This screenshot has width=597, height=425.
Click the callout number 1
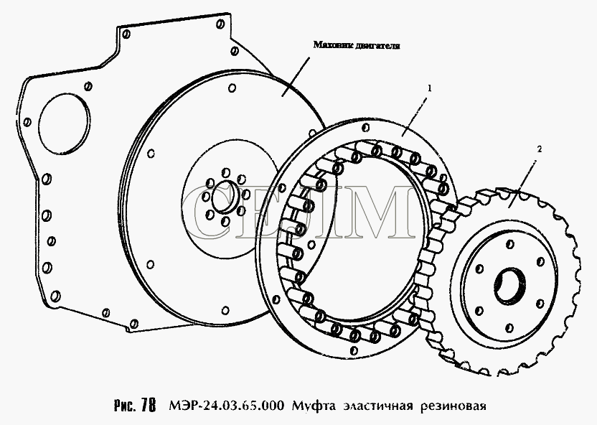[430, 88]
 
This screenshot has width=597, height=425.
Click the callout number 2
[539, 149]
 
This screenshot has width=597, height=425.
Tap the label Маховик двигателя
[357, 45]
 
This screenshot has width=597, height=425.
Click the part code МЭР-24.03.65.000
[226, 406]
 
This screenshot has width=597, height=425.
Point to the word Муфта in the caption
[314, 406]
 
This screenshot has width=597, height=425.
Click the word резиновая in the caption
[453, 406]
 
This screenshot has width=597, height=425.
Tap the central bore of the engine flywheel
[225, 197]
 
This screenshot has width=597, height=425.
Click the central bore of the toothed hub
[509, 286]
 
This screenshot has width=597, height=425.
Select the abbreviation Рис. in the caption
[125, 406]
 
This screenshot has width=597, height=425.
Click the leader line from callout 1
[414, 116]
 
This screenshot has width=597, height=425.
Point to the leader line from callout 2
[522, 184]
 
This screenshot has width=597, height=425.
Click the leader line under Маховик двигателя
[296, 78]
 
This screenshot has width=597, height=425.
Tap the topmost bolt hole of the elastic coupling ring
[366, 127]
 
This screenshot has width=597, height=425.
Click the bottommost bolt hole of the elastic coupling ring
[354, 350]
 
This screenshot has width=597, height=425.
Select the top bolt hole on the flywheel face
[232, 88]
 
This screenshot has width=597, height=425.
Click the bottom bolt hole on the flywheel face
[226, 310]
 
